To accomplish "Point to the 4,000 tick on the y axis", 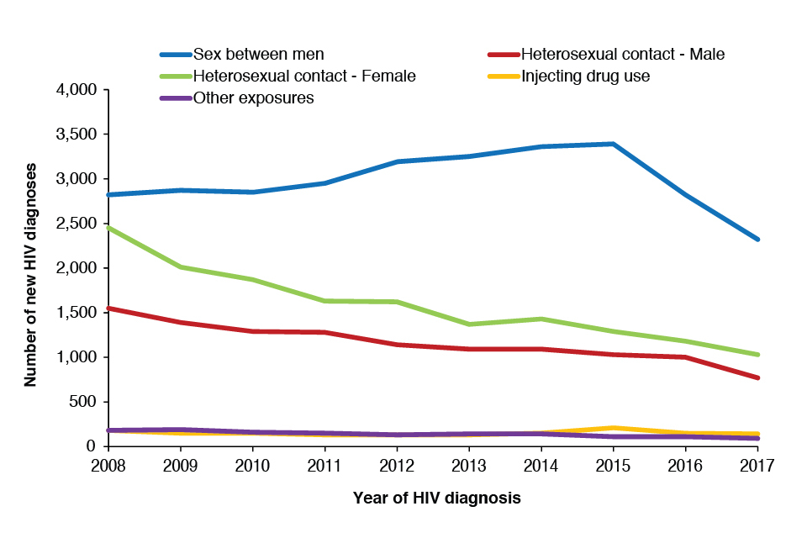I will (x=76, y=90).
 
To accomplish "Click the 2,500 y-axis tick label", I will (x=76, y=224).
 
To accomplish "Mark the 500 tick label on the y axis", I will (x=84, y=402).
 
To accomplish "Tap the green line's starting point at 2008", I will (x=108, y=227).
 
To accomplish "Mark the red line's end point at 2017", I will (x=758, y=377).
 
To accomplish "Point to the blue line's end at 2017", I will (x=758, y=240).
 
